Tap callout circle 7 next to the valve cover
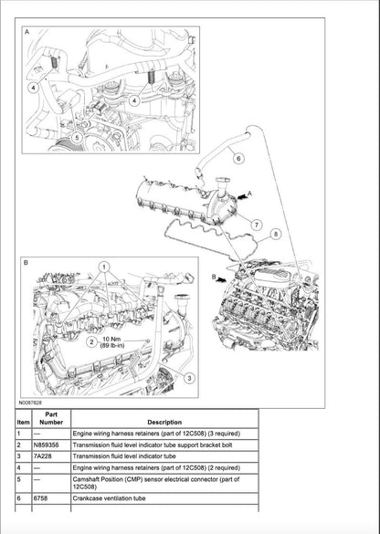click(x=257, y=224)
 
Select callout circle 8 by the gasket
click(x=276, y=234)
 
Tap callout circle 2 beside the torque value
click(x=91, y=341)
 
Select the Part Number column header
click(x=51, y=418)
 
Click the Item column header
click(x=24, y=422)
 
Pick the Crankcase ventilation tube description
click(x=123, y=499)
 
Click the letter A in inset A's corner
click(x=26, y=32)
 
